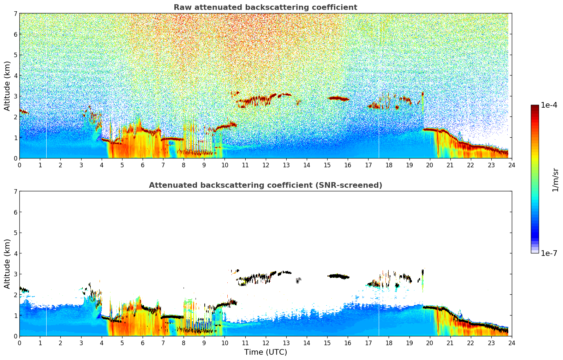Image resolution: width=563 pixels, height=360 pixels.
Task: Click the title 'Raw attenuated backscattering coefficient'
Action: point(265,7)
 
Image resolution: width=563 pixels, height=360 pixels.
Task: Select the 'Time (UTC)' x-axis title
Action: point(265,352)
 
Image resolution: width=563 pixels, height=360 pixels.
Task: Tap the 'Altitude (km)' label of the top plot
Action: point(7,86)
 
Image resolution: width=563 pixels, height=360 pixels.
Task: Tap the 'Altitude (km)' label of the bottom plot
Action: point(7,264)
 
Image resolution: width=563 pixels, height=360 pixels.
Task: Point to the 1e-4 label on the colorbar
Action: point(549,105)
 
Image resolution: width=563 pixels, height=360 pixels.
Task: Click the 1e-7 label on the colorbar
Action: point(549,253)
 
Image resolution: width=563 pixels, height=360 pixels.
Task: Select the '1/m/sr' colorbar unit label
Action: point(555,179)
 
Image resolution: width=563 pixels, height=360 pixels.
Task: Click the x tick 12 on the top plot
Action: point(265,165)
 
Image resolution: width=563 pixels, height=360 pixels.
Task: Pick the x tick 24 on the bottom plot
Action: point(511,343)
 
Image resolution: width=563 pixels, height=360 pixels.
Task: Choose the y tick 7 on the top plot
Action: point(15,14)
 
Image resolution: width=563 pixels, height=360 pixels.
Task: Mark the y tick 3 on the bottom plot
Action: point(15,274)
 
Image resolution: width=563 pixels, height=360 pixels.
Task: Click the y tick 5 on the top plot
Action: point(15,55)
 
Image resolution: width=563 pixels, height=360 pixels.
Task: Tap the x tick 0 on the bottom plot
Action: point(19,343)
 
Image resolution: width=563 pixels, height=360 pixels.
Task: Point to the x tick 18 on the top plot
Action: point(389,165)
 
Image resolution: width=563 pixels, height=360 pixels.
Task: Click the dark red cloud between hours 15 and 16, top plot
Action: point(338,98)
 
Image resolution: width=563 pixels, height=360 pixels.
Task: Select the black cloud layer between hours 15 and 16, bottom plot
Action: point(338,276)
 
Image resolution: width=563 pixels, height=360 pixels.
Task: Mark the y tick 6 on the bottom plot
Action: point(15,212)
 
